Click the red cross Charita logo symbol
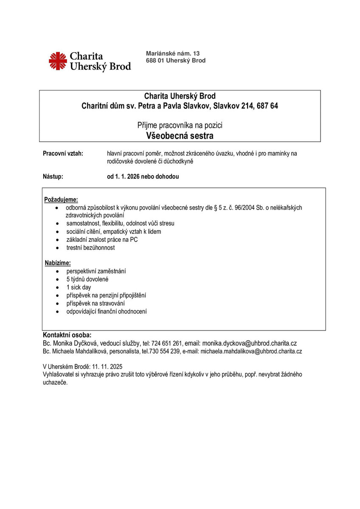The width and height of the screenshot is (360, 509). [58, 61]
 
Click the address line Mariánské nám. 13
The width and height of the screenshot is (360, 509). [172, 53]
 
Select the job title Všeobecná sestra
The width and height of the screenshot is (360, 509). [180, 136]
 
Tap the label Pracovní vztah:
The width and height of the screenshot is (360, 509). [63, 154]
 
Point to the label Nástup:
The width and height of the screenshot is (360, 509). [53, 176]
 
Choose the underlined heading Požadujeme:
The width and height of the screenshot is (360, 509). [61, 199]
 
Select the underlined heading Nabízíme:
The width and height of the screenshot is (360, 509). [58, 263]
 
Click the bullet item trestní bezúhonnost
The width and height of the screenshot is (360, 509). [90, 248]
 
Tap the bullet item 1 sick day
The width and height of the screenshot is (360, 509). [79, 287]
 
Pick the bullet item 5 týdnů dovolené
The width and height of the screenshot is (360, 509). [87, 279]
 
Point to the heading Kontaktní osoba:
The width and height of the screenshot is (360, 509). [67, 335]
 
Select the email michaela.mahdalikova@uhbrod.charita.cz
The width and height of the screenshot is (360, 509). [251, 352]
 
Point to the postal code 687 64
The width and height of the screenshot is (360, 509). [267, 106]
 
